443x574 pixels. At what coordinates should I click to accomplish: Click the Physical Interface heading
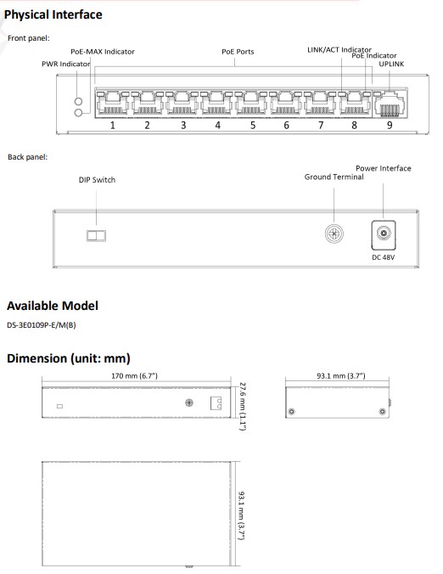[53, 14]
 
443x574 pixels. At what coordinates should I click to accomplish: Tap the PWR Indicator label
[66, 64]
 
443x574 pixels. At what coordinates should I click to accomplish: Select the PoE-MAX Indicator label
[102, 52]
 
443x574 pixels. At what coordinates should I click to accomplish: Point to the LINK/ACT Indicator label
[339, 50]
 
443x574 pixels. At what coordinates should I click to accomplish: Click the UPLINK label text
[391, 64]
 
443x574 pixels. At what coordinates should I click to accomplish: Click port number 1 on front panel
[112, 126]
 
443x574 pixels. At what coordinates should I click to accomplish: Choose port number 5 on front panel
[252, 126]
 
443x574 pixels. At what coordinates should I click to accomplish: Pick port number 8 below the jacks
[354, 126]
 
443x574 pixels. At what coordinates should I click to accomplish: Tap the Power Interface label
[383, 168]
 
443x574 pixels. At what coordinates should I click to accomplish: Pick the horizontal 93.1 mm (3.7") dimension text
[339, 374]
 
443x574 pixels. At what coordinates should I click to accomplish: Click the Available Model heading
[53, 306]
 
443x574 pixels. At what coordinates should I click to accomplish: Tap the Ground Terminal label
[334, 177]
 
